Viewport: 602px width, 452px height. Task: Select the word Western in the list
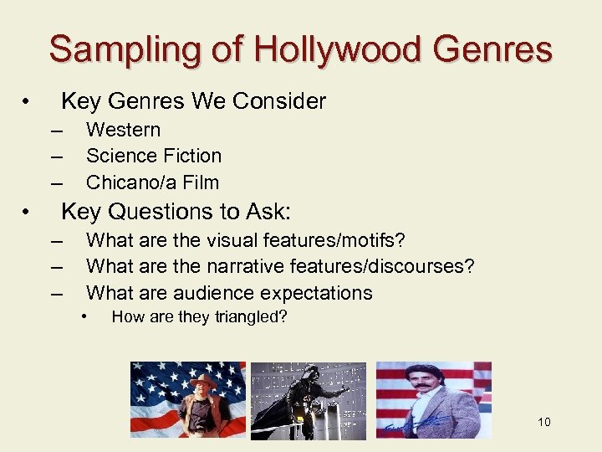pos(123,130)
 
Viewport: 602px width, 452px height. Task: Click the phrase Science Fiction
pos(154,156)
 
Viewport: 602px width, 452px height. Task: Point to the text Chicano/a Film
pos(152,182)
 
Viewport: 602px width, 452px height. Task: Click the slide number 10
pos(544,422)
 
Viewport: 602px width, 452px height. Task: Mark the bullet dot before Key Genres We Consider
pos(28,102)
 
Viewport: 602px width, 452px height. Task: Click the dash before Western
pos(56,131)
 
